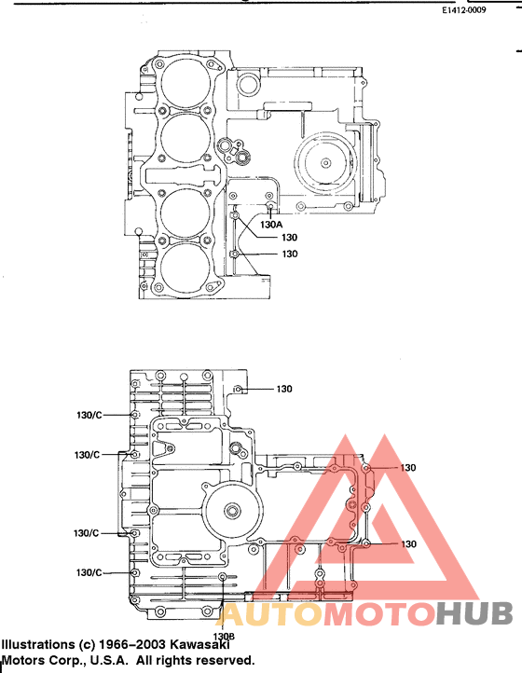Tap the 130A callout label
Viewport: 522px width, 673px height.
(x=271, y=224)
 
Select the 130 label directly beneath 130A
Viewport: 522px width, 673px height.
(x=290, y=238)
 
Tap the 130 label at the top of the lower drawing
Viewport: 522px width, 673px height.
(x=284, y=389)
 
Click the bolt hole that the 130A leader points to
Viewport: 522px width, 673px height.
(x=269, y=206)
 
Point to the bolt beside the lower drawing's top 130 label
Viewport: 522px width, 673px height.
(x=240, y=389)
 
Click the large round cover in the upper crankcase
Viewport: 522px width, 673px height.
(x=325, y=164)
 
